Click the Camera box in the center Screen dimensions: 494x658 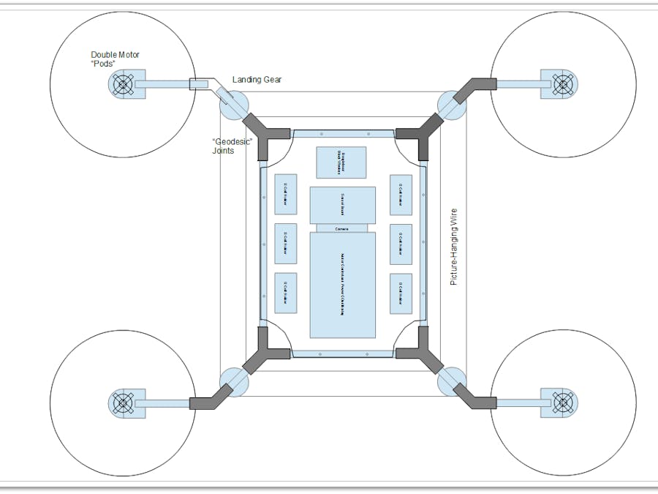[342, 228]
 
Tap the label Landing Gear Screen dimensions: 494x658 [257, 80]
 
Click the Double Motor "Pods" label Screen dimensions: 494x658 [114, 59]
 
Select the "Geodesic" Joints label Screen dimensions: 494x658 [230, 146]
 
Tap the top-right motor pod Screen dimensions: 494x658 [562, 84]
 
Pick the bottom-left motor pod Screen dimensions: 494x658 [122, 402]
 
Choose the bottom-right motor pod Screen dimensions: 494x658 [561, 402]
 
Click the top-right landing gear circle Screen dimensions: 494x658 [450, 106]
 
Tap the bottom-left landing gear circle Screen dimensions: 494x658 [234, 381]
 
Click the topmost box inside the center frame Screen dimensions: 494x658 [341, 162]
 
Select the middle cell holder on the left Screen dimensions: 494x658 [285, 244]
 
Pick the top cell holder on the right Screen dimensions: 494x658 [401, 195]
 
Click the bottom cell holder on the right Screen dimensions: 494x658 [401, 293]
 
